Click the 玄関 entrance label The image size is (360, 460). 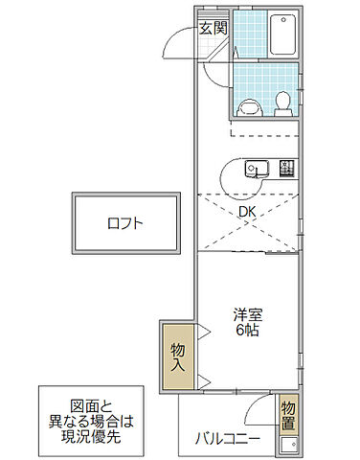[x=213, y=28]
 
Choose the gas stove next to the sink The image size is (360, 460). [x=286, y=169]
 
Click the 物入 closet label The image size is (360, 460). [x=178, y=356]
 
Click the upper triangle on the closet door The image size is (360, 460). [x=202, y=332]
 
